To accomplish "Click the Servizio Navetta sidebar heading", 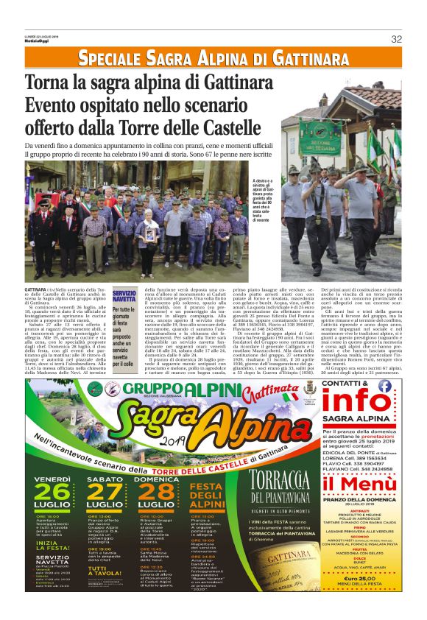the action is point(124,297).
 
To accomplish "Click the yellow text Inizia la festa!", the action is point(53,546).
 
